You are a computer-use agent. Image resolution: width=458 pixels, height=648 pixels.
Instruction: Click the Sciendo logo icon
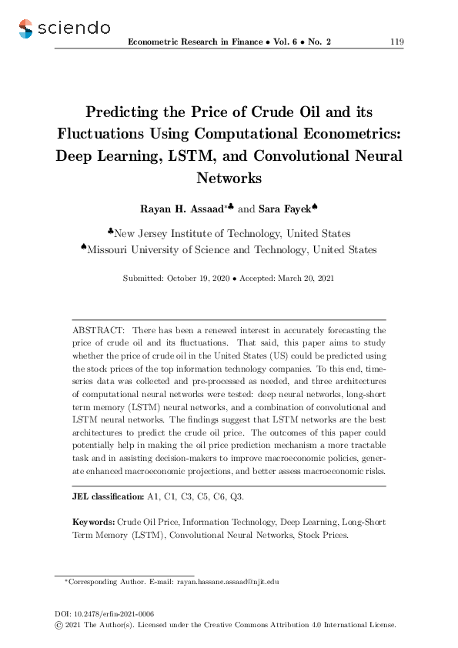(x=27, y=28)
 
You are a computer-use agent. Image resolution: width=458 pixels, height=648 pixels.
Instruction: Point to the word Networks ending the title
(x=229, y=178)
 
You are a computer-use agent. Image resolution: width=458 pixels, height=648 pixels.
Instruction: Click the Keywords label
(x=94, y=522)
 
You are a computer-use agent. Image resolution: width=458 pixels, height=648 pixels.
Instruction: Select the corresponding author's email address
(x=226, y=583)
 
